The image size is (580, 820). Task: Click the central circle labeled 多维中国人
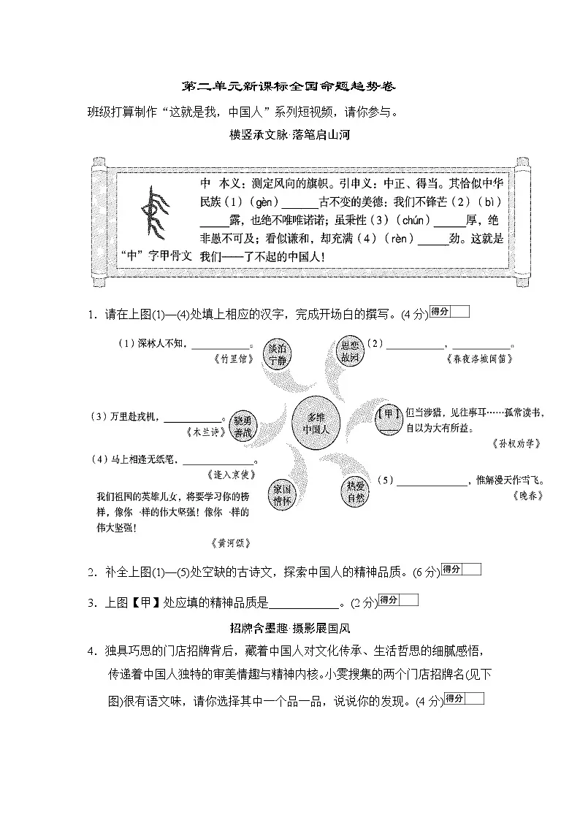coord(316,423)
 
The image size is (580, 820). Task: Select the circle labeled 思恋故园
coord(348,351)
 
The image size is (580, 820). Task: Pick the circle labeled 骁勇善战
coord(243,426)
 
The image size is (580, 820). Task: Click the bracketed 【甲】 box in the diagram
coord(389,414)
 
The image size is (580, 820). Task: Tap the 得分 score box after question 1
coord(449,312)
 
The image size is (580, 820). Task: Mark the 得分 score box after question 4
coord(464,699)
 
